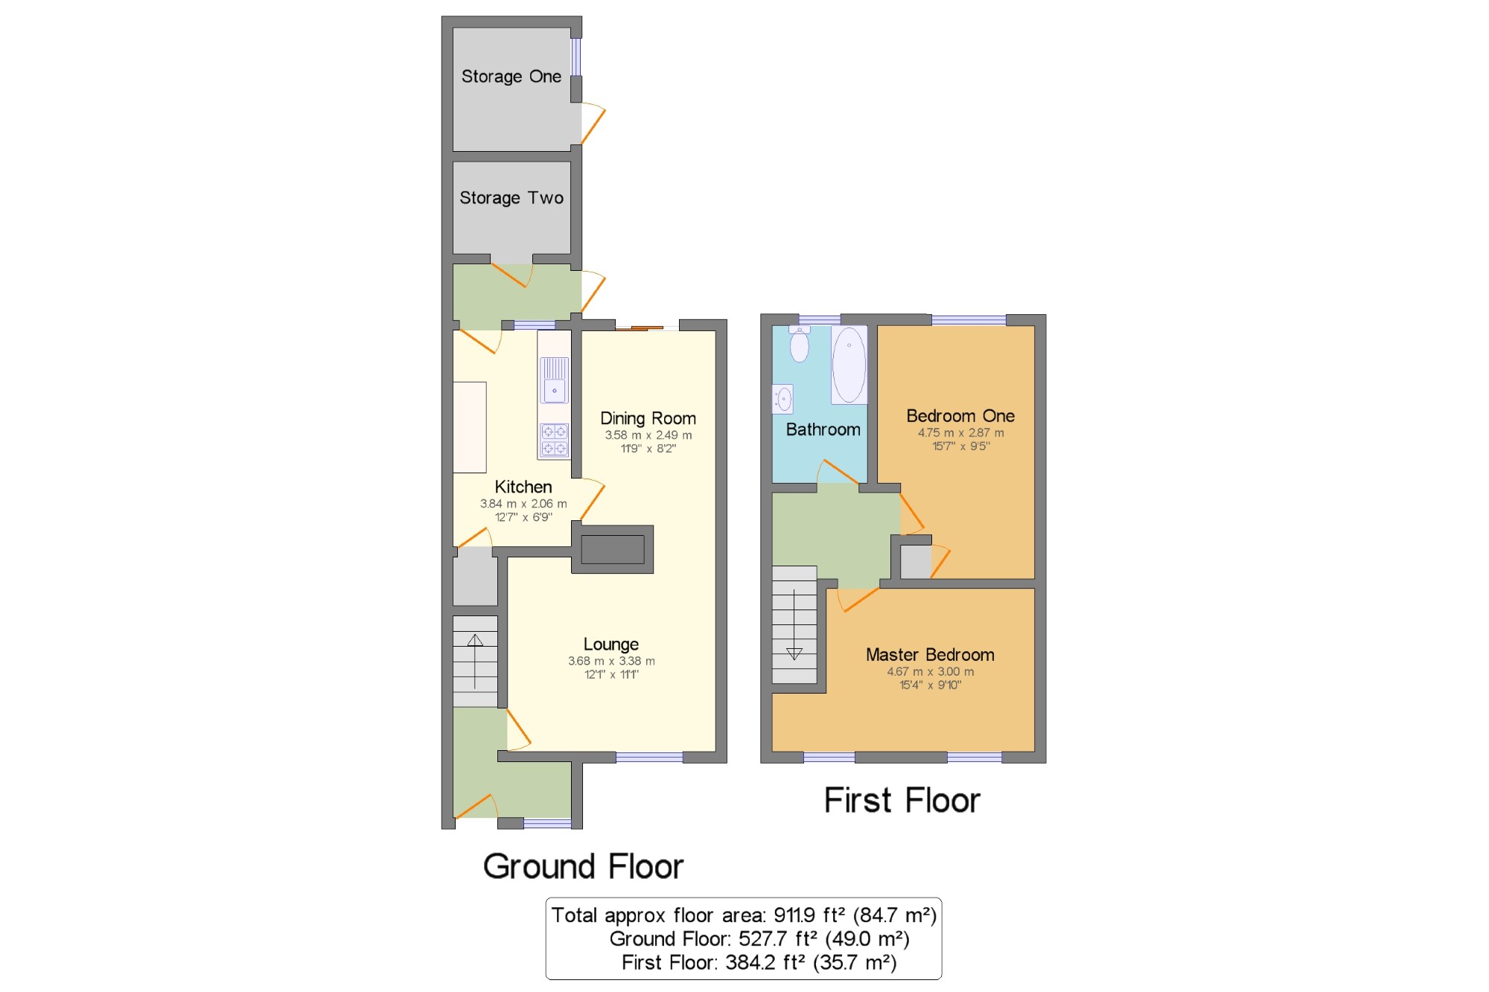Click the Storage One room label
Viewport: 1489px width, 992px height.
(511, 77)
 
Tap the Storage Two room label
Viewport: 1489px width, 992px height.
(511, 198)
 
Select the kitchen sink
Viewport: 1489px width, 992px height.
(555, 380)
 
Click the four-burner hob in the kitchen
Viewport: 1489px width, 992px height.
(554, 440)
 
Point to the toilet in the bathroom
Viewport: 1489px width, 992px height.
(800, 344)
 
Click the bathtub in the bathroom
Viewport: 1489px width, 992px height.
(849, 365)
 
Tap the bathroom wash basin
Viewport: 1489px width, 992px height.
(783, 399)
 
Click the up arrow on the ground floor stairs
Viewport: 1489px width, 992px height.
(475, 661)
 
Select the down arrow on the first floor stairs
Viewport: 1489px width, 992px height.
(794, 624)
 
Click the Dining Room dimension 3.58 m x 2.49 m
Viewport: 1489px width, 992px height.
(648, 435)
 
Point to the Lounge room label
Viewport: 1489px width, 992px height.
(611, 644)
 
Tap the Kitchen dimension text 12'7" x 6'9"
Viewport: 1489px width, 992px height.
(523, 517)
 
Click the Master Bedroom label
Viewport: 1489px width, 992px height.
(930, 655)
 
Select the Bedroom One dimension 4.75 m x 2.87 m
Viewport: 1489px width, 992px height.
(960, 433)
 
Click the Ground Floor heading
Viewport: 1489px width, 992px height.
(583, 867)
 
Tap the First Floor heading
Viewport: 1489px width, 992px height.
(902, 801)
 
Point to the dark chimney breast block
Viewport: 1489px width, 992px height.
(613, 549)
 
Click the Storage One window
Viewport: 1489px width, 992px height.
(575, 57)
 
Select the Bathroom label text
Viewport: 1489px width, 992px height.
(823, 429)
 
